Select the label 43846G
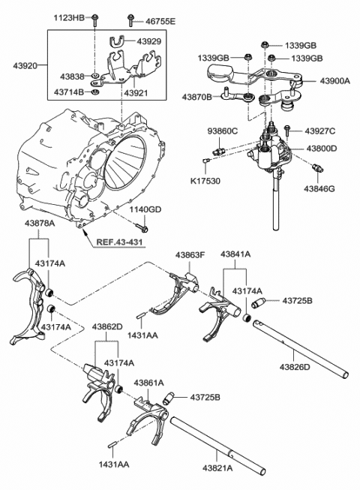click(x=321, y=181)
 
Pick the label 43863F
click(x=190, y=255)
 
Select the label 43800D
click(x=321, y=149)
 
